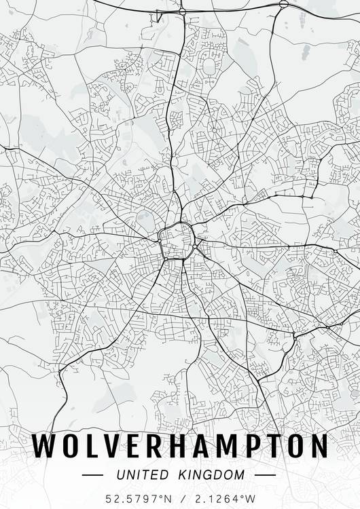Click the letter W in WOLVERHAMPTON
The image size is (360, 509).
47,445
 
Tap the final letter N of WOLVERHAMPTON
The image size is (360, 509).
318,445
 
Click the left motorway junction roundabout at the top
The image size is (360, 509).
183,12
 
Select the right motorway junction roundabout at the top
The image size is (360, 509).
283,4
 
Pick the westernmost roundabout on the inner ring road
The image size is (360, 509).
160,238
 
